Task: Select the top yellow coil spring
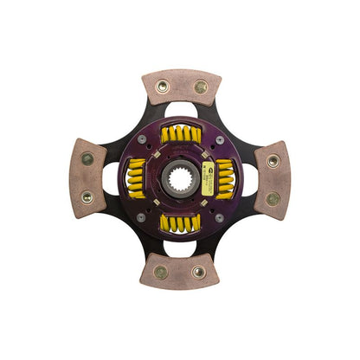(182, 134)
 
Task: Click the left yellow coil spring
(137, 178)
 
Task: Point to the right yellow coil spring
(224, 178)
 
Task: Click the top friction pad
(182, 87)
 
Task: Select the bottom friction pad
(180, 271)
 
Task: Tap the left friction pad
(88, 179)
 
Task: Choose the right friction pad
(272, 179)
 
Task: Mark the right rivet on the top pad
(201, 87)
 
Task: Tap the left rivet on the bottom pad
(160, 272)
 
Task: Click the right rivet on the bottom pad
(200, 272)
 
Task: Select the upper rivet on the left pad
(87, 159)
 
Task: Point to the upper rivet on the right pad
(273, 160)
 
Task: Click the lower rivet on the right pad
(273, 199)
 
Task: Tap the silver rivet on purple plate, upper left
(142, 140)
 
